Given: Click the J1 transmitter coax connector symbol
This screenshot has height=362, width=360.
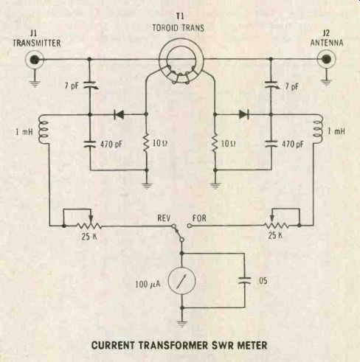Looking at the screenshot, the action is (x=35, y=60).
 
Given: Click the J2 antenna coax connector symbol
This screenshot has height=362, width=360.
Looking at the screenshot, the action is (x=326, y=59).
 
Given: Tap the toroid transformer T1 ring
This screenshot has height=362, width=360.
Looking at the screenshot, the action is (x=181, y=42).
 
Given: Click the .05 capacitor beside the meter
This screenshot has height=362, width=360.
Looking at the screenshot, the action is (x=245, y=281).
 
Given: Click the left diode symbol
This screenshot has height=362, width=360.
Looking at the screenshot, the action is (x=119, y=114).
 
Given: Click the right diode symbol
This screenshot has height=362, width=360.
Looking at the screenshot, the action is (x=243, y=114).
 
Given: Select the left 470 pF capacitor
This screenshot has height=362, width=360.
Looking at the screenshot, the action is (x=89, y=144).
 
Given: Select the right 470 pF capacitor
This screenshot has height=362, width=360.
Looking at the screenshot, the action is (x=271, y=144).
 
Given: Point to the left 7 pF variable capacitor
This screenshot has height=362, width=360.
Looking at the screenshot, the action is (x=90, y=85).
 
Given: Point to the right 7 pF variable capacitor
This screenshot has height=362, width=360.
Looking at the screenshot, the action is (x=272, y=85).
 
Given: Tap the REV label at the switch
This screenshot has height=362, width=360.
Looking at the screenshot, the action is (x=164, y=218).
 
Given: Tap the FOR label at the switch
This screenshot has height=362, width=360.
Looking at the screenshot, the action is (x=199, y=218).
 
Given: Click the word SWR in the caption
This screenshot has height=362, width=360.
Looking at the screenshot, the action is (x=223, y=345).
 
